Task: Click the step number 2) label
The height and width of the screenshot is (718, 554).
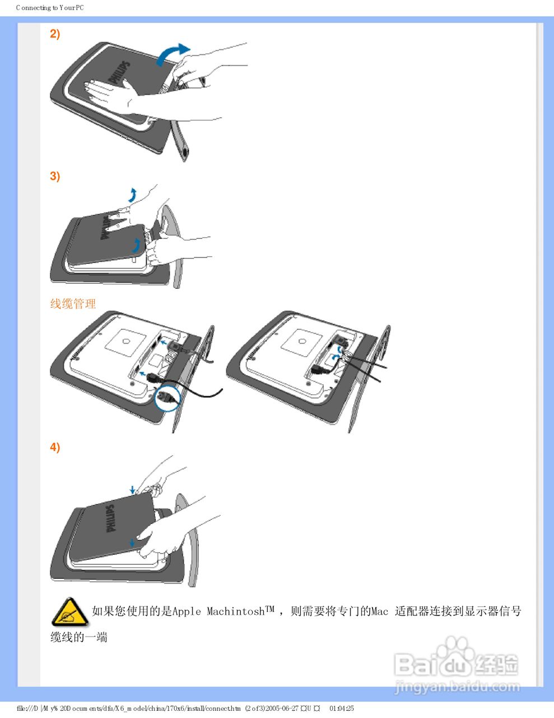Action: coord(55,34)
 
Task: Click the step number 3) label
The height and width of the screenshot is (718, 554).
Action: coord(55,177)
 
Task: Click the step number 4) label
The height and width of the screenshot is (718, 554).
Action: coord(55,448)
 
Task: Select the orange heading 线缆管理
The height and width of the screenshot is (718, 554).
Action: coord(73,304)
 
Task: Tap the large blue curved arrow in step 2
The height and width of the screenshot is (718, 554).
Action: coord(171,53)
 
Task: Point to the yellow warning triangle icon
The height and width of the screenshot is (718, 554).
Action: coord(69,612)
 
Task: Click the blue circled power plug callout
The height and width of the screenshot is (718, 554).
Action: coord(167,398)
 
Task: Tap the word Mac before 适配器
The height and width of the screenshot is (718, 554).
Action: coord(379,611)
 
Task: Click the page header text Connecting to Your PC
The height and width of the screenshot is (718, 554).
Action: coord(50,8)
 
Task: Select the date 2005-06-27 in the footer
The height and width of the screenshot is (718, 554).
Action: coord(282,708)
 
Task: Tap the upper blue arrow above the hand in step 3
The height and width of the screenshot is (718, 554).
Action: coord(132,195)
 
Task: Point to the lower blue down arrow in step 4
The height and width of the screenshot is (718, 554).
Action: coord(132,542)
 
